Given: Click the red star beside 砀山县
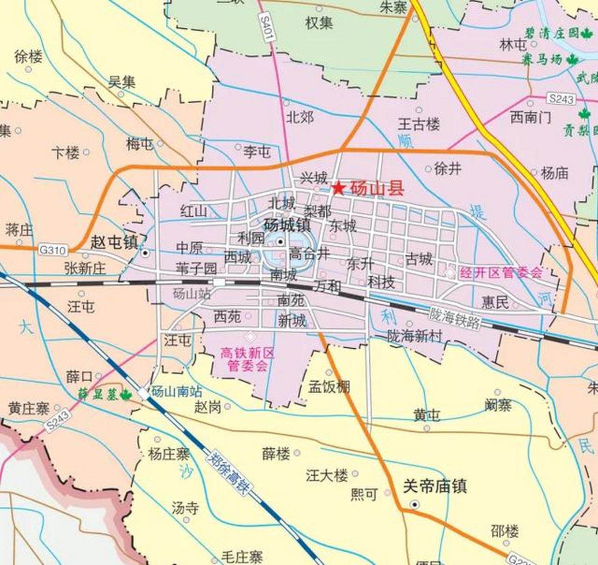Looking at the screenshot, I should pyautogui.click(x=338, y=188).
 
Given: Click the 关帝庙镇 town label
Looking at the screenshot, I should pyautogui.click(x=435, y=486).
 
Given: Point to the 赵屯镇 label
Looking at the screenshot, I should pyautogui.click(x=114, y=242).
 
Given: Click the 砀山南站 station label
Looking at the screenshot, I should pyautogui.click(x=176, y=392).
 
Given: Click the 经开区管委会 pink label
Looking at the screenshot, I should pyautogui.click(x=501, y=273).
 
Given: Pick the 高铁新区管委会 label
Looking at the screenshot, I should pyautogui.click(x=247, y=359).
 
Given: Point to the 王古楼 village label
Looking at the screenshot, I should pyautogui.click(x=419, y=124).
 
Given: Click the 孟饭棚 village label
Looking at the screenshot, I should pyautogui.click(x=329, y=387).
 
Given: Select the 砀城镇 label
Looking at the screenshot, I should pyautogui.click(x=287, y=225).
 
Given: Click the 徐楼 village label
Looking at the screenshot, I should pyautogui.click(x=29, y=56).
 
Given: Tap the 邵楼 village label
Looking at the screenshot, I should pyautogui.click(x=505, y=531).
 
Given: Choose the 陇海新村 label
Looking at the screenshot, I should pyautogui.click(x=415, y=336).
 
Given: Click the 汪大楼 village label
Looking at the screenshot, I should pyautogui.click(x=327, y=475).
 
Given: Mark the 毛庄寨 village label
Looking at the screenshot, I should pyautogui.click(x=242, y=557).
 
